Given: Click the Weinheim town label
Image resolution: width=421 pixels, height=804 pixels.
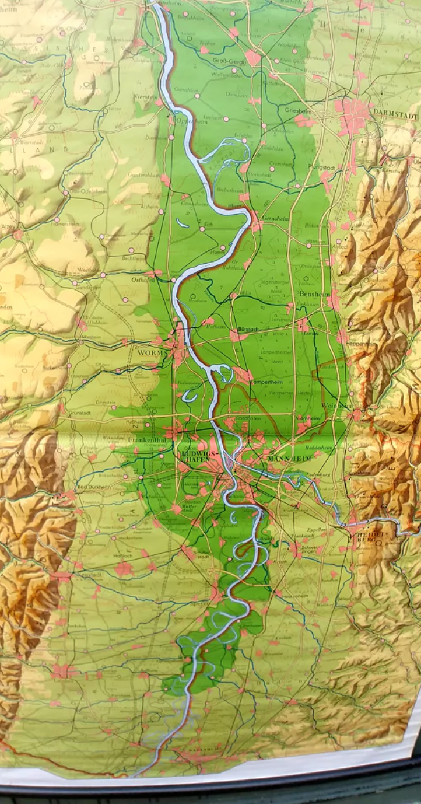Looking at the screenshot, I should coord(337,406).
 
